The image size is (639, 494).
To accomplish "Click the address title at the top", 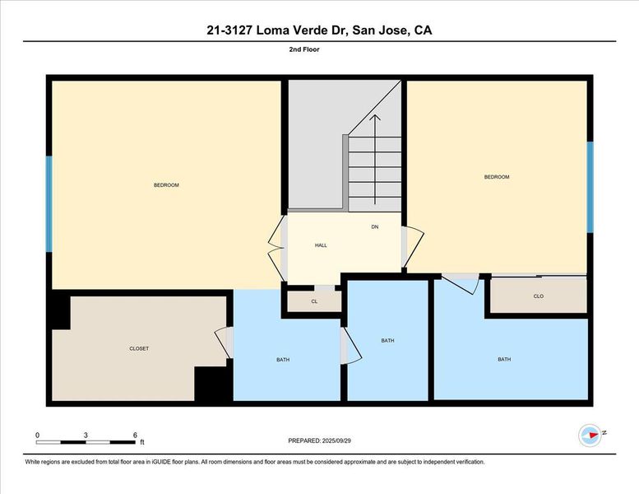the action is [x=319, y=30].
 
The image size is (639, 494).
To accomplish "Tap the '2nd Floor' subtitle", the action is [x=304, y=49].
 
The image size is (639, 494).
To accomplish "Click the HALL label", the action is [x=321, y=245].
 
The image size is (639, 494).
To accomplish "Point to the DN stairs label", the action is [x=375, y=226].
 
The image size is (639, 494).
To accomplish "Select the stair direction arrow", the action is [x=375, y=159].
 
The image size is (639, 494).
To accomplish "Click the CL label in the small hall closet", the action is [x=314, y=301].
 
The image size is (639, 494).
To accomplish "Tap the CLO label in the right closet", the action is [x=539, y=296].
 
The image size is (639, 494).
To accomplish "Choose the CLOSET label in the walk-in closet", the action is [x=139, y=348].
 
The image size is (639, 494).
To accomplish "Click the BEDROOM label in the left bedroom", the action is [x=166, y=184].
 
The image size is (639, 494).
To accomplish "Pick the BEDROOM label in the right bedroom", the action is [x=497, y=177].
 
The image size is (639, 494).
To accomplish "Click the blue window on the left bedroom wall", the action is [x=49, y=204].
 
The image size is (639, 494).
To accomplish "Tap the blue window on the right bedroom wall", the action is [x=590, y=187].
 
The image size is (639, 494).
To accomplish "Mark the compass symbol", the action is [x=590, y=436].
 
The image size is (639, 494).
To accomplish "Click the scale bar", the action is [x=86, y=442].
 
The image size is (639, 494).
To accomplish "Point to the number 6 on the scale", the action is [x=135, y=436].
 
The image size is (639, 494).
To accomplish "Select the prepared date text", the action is [x=319, y=440].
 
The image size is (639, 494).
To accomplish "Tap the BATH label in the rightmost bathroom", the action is [x=504, y=359].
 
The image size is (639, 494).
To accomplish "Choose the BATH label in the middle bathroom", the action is [x=387, y=340].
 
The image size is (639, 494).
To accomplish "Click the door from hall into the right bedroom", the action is [x=413, y=247].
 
